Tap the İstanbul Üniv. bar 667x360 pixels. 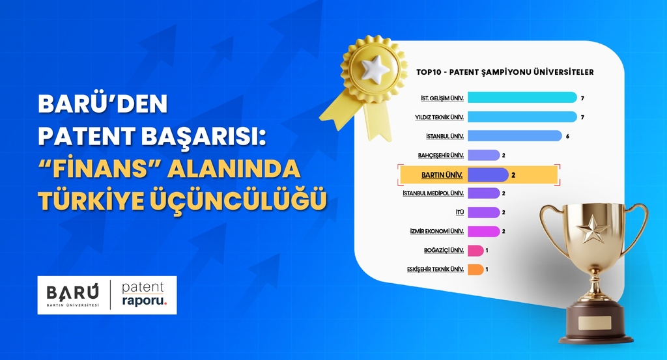point(515,135)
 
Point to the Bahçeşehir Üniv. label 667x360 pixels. point(441,155)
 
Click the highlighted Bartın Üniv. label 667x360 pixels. point(443,174)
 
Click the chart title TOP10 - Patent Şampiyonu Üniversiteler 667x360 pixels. point(504,72)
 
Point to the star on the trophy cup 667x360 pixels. point(595,228)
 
